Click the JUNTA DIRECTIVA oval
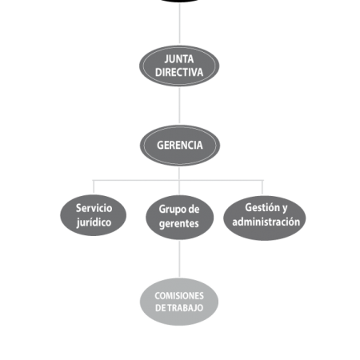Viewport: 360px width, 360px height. click(179, 66)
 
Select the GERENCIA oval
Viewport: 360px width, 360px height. click(180, 146)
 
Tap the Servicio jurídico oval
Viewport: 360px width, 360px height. click(94, 215)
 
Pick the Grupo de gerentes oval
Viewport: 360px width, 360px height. click(179, 217)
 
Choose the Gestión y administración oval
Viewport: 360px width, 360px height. click(265, 218)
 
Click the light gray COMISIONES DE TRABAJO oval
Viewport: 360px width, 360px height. click(179, 302)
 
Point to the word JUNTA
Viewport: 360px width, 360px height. click(179, 59)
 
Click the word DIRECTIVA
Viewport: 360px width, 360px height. click(179, 72)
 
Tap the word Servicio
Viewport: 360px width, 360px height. click(94, 208)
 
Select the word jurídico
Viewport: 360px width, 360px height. click(94, 222)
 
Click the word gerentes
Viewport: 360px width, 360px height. click(179, 224)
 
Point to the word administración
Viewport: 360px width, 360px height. click(266, 222)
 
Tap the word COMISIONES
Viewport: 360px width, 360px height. click(179, 296)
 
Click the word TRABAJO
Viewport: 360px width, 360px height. click(186, 308)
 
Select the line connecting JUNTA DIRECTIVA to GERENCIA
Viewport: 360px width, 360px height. click(179, 106)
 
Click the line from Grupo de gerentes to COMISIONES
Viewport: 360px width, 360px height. click(179, 258)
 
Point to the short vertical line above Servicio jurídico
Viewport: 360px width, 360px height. click(94, 186)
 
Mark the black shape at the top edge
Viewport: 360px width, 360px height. click(180, 1)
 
